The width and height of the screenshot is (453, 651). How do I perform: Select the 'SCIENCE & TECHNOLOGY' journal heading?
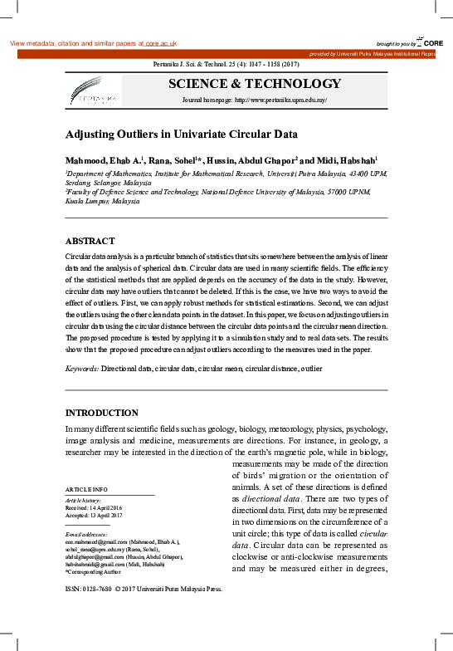click(x=255, y=84)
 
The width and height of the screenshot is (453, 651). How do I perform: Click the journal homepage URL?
click(x=281, y=100)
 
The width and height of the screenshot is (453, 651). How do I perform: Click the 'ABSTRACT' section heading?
click(x=90, y=239)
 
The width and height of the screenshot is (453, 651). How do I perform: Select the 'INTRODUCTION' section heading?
click(x=102, y=413)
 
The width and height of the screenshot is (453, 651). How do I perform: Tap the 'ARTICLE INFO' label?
click(x=85, y=491)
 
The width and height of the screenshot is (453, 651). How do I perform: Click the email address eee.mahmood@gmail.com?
click(x=96, y=541)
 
